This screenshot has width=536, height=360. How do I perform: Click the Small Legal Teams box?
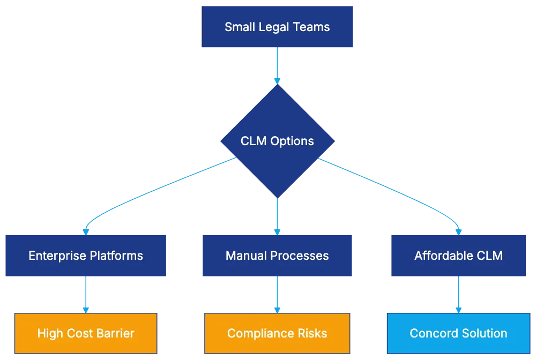(278, 27)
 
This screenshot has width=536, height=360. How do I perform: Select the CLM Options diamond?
(278, 141)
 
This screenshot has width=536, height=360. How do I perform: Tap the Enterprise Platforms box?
(86, 255)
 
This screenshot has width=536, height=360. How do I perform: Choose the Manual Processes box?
(278, 255)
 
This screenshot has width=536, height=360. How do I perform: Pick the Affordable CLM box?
(458, 255)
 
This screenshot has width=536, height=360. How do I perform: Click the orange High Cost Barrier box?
(86, 333)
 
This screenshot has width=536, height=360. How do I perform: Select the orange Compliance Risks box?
(278, 333)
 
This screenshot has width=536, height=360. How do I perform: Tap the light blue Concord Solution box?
(458, 333)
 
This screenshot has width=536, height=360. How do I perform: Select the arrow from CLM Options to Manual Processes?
(278, 214)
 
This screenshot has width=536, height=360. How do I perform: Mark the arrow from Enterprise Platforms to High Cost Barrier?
(86, 295)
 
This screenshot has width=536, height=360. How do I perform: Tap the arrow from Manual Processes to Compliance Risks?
(278, 295)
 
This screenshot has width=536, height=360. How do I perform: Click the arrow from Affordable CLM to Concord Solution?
(458, 295)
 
